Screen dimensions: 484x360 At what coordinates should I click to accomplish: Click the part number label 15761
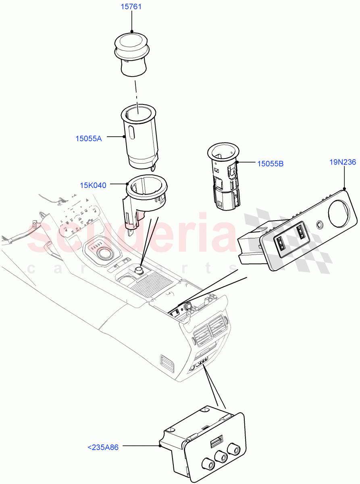[x=131, y=7]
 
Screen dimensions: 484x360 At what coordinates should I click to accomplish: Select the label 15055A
[x=89, y=138]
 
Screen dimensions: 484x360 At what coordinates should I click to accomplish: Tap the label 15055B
[x=270, y=163]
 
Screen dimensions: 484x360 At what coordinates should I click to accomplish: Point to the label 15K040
[x=93, y=186]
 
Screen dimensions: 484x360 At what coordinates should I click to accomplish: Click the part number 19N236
[x=343, y=162]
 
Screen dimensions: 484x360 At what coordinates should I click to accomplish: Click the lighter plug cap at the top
[x=131, y=52]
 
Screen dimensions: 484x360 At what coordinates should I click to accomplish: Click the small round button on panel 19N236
[x=320, y=224]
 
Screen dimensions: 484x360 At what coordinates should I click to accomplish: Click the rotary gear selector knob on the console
[x=104, y=254]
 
